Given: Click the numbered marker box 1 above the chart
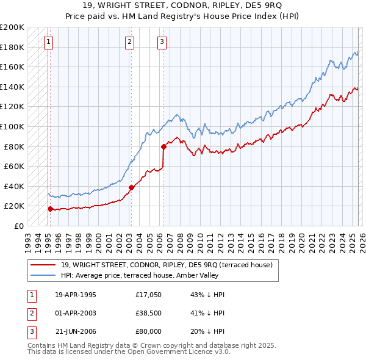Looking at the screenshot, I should [x=48, y=42].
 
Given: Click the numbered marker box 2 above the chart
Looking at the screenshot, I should [x=130, y=42].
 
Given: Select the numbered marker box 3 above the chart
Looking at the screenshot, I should [x=162, y=42].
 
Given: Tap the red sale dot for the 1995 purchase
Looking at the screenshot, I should [x=50, y=209].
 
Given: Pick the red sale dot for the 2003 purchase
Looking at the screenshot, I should [x=131, y=187].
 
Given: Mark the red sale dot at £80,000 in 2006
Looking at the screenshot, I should [x=163, y=146].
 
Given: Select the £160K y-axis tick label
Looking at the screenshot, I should [x=12, y=67].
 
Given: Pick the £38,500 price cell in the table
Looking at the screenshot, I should [x=149, y=313].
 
